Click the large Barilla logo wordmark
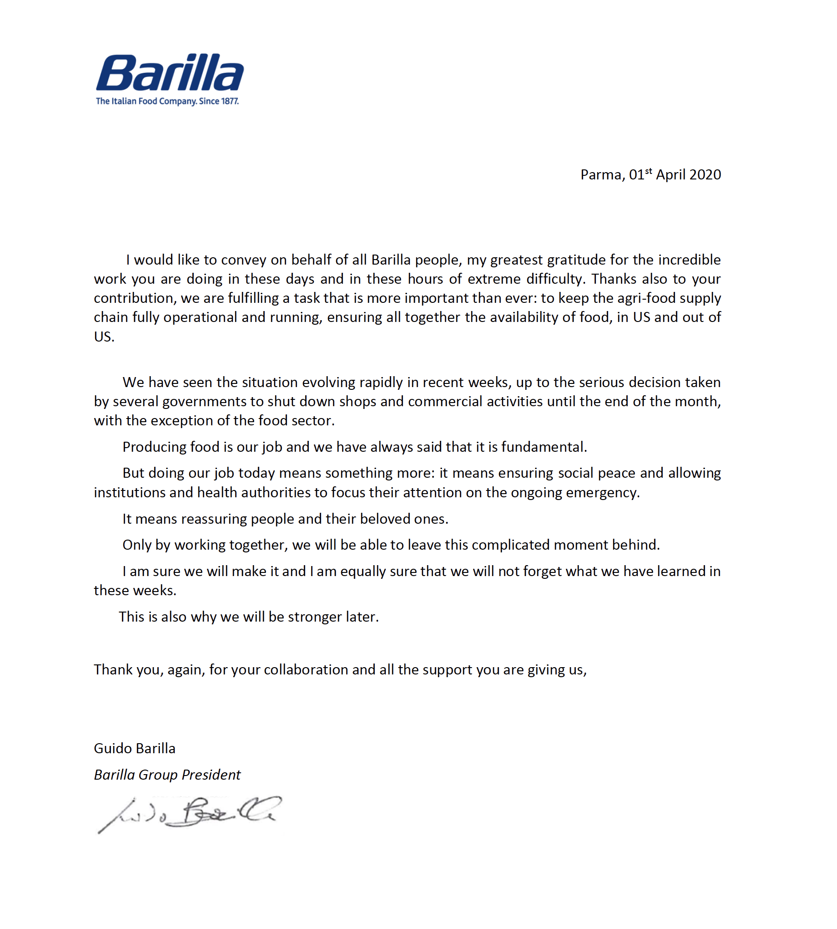[x=169, y=73]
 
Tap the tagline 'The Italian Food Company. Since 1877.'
[x=167, y=101]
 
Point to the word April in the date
[x=671, y=175]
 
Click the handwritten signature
[x=189, y=814]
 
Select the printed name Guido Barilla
[x=134, y=749]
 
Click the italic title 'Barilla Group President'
[x=167, y=775]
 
